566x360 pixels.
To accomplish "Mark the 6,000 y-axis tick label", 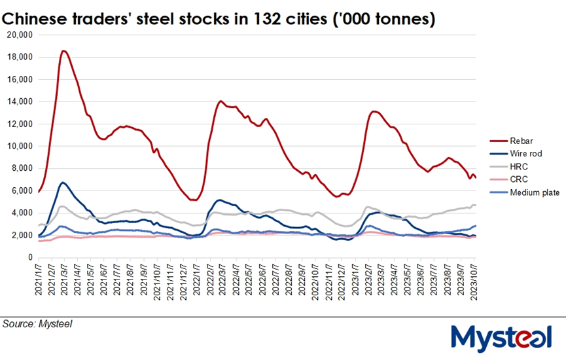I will tap(22, 190).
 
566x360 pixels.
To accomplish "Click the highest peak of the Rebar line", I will tap(63, 50).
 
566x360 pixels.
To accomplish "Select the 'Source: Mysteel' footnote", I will tap(37, 323).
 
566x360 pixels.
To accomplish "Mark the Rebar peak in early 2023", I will tap(374, 111).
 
